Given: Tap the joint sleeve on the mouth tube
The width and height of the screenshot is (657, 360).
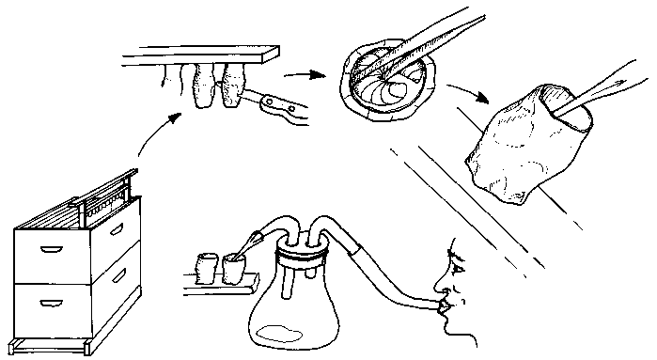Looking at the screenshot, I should click(358, 253).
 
